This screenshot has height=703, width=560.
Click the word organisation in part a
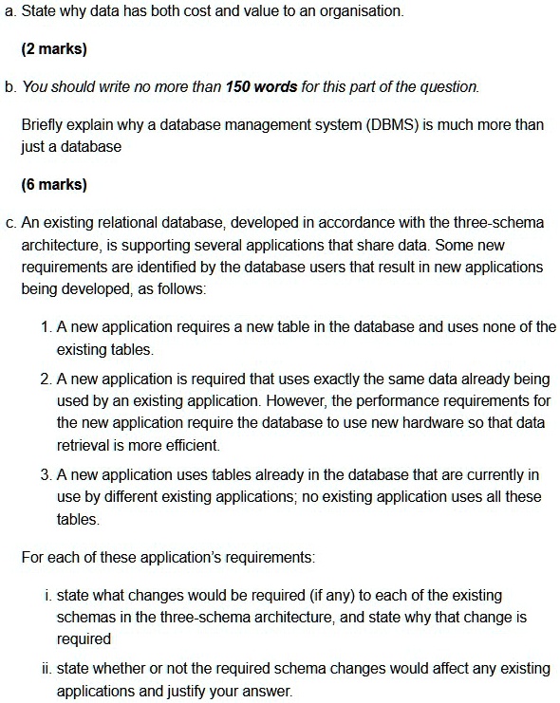coord(361,12)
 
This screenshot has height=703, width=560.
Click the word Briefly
coord(43,125)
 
